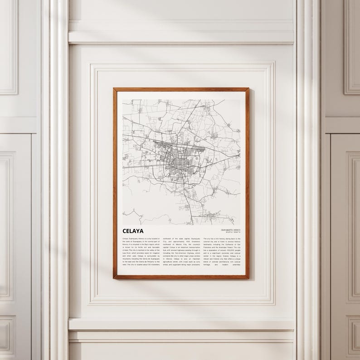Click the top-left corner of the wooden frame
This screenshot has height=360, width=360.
coord(114,88)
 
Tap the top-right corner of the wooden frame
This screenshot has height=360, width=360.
coord(248,88)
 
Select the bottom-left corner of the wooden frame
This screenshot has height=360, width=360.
coord(114,277)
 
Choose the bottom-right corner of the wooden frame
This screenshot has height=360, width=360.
coord(248,277)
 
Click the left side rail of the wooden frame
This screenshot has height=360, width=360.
coord(114,181)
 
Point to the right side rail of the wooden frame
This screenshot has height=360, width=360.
coord(248,181)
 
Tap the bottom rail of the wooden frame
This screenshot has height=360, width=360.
coord(181,277)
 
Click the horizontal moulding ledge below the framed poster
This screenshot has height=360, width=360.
coord(181,325)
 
